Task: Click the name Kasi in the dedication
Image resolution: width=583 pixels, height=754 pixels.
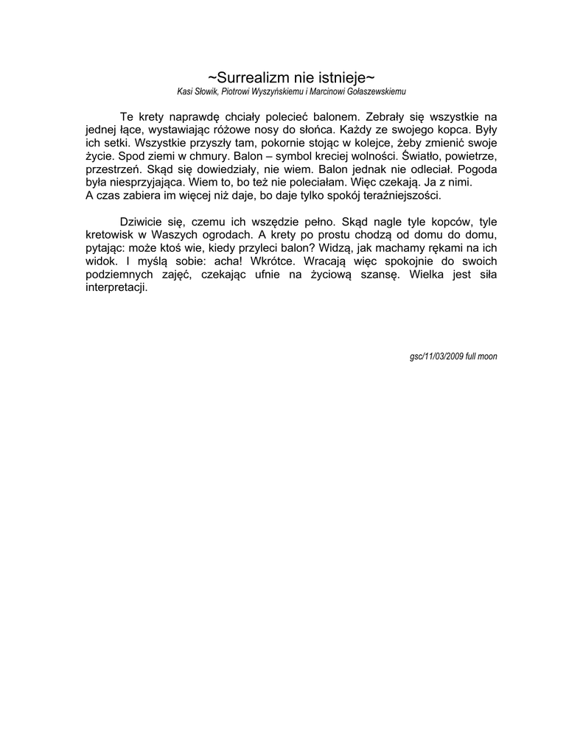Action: click(x=185, y=92)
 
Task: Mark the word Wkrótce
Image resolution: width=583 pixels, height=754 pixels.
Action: click(x=273, y=261)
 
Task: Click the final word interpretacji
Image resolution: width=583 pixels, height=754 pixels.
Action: click(x=117, y=288)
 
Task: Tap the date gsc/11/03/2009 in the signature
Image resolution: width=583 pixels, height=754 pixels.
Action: click(x=436, y=356)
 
